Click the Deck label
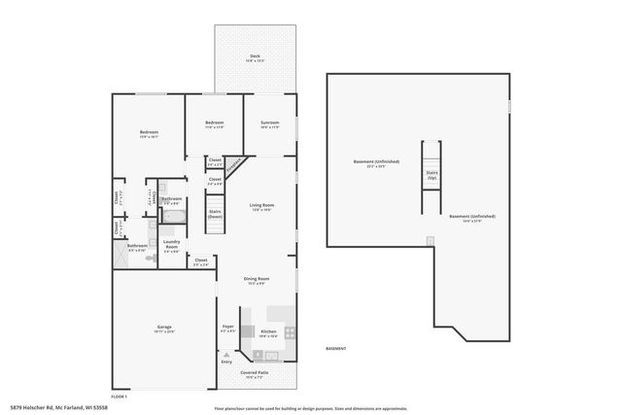pos(255,56)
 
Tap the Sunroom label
pos(270,122)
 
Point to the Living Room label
pos(260,205)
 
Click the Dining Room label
pos(257,281)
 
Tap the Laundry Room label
pos(171,244)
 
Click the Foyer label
pos(227,328)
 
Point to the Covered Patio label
pos(256,373)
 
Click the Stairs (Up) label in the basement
pos(432,175)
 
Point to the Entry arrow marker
pos(226,363)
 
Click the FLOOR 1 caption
pos(120,395)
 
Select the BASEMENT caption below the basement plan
pos(335,347)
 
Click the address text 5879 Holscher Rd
pos(43,406)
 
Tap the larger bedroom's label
pos(149,134)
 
